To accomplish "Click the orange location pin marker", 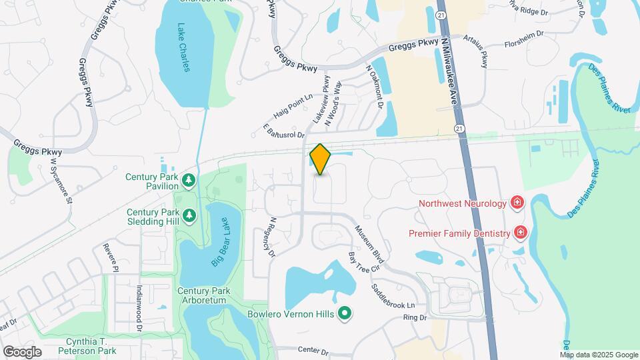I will pos(320,159).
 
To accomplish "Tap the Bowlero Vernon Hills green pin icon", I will pos(345,313).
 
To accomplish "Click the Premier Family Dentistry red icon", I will pos(521,233).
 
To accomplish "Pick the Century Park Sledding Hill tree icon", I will pos(189,216).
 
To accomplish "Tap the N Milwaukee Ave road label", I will pos(449,71).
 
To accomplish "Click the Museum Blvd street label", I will pos(372,243).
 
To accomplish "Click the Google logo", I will pos(22,351).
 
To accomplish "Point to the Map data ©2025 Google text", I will pos(598,355).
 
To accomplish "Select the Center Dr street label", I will pos(314,351).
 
